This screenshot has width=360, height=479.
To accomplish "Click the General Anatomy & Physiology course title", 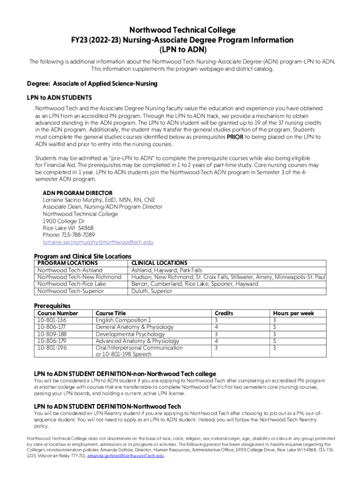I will [128, 327].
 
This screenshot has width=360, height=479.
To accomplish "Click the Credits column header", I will [223, 313].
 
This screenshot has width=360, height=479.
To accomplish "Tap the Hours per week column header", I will [294, 313].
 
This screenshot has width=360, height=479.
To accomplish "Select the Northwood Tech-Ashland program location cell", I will [70, 270].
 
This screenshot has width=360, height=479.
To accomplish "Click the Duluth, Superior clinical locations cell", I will [152, 291].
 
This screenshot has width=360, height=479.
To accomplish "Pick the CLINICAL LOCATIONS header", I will [159, 263].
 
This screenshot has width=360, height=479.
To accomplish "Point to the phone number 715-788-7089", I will [69, 235].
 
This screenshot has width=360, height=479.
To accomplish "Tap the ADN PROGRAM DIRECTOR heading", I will [78, 193].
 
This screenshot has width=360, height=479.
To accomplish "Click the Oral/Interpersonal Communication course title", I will [139, 348].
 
